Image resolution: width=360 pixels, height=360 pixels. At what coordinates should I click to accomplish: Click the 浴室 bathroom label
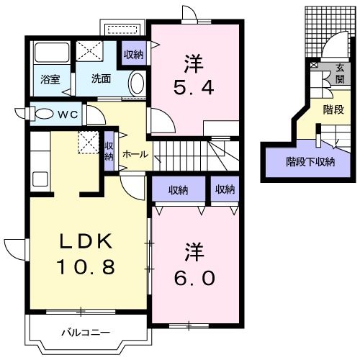point(48,79)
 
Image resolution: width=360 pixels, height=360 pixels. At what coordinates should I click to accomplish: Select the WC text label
point(68,114)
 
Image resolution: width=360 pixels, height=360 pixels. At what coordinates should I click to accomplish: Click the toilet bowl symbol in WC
point(42,114)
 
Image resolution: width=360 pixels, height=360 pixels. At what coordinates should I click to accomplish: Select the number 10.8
point(86,268)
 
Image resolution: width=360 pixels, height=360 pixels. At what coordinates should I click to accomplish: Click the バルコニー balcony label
point(84,333)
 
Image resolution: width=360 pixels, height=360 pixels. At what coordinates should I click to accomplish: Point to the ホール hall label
point(136,154)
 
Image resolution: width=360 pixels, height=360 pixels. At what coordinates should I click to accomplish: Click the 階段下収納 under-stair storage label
point(310,161)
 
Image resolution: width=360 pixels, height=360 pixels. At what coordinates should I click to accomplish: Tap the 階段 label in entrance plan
point(333,111)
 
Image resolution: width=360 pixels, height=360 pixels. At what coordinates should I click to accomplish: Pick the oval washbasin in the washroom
point(137,84)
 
